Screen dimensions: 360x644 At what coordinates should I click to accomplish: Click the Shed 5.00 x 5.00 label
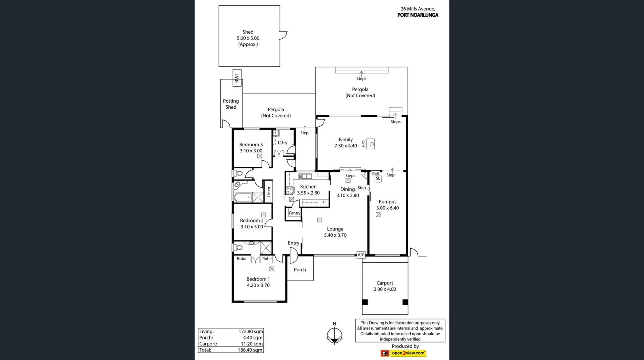(248, 38)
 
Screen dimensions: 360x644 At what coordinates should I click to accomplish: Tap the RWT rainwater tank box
(237, 78)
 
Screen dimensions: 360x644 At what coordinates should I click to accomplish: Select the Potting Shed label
(231, 104)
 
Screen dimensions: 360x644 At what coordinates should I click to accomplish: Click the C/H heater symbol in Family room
(370, 144)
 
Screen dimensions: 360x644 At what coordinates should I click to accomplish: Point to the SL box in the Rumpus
(378, 178)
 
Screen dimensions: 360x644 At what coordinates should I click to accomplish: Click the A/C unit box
(361, 255)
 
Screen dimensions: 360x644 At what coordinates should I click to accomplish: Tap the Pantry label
(294, 213)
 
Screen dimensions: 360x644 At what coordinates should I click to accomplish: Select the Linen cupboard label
(269, 192)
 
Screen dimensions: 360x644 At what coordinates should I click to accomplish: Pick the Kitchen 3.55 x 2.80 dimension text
(308, 193)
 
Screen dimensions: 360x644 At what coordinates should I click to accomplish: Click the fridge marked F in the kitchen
(323, 203)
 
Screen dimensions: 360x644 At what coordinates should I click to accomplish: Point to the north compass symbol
(334, 335)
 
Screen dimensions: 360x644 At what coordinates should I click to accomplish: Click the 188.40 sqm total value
(250, 350)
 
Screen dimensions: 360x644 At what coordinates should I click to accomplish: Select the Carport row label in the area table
(208, 344)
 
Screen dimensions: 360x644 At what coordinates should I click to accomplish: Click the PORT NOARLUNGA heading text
(418, 15)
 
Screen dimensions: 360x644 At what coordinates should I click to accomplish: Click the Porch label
(300, 270)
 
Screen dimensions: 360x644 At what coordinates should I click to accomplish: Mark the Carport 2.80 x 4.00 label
(385, 286)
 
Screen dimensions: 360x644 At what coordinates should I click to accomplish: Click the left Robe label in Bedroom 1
(241, 259)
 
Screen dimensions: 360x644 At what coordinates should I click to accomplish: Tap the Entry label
(293, 243)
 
